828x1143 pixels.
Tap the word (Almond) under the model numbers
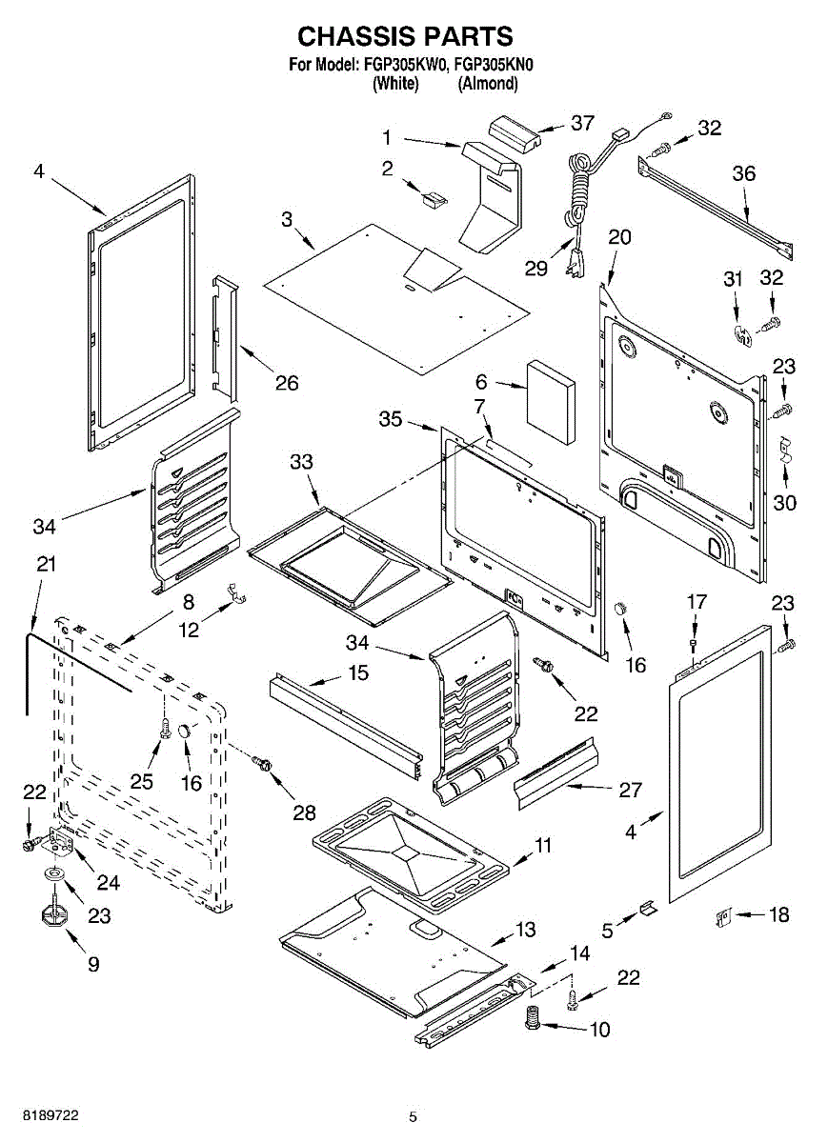click(x=487, y=83)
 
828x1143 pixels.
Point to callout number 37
click(x=582, y=123)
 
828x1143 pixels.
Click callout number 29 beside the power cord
click(x=536, y=268)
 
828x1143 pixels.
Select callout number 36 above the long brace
click(x=744, y=173)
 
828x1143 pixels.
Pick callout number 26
click(x=287, y=383)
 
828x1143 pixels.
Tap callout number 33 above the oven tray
click(x=301, y=462)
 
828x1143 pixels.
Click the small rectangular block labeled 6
click(x=551, y=402)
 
